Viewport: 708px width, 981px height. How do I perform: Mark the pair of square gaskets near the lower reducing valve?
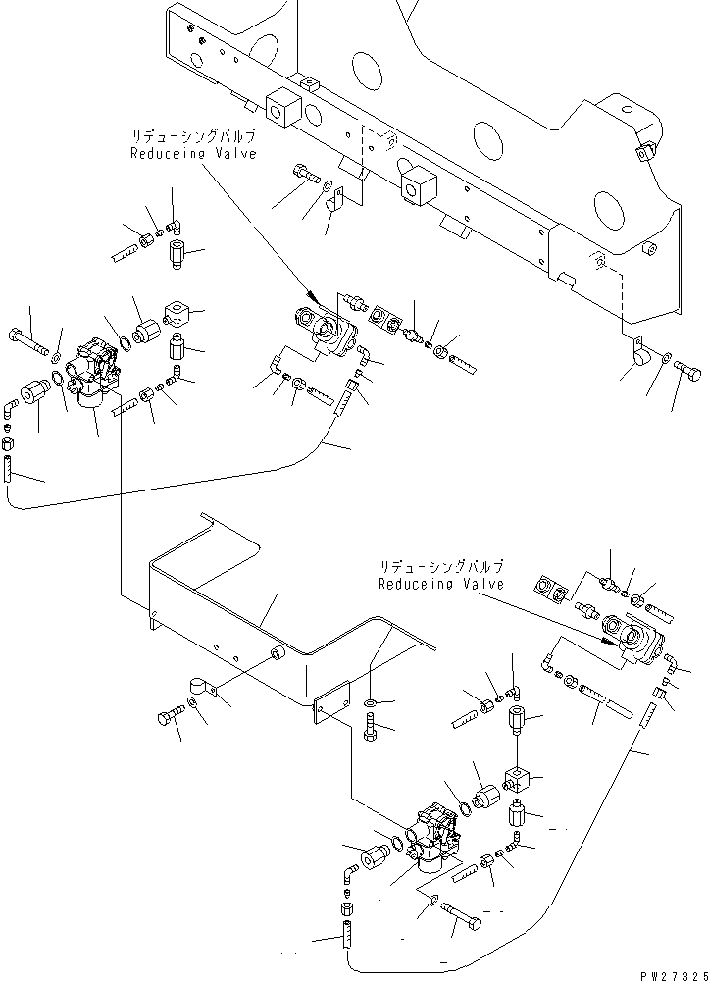click(551, 588)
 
